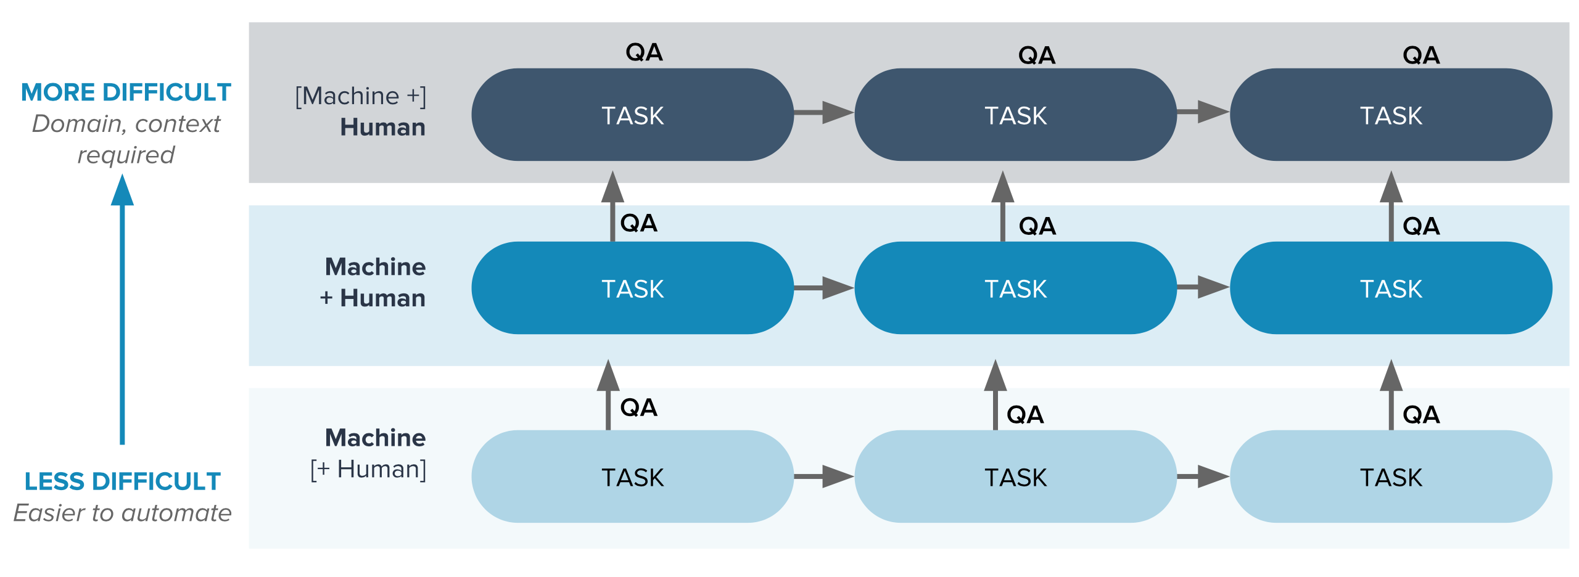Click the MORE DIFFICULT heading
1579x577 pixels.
click(x=126, y=92)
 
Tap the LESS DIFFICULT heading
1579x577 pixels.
click(x=122, y=481)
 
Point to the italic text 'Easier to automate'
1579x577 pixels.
click(x=122, y=513)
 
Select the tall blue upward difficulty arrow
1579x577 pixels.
click(x=122, y=308)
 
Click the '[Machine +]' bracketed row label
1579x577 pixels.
click(x=360, y=96)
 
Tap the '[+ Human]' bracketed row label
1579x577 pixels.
click(x=368, y=470)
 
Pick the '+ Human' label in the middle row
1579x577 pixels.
click(x=373, y=298)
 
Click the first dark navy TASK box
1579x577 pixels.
click(x=632, y=115)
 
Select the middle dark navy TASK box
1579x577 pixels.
click(x=1015, y=115)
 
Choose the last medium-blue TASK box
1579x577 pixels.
click(x=1391, y=288)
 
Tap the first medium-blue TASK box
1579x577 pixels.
click(x=632, y=288)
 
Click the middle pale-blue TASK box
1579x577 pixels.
click(x=1015, y=477)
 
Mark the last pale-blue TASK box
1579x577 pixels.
click(x=1391, y=477)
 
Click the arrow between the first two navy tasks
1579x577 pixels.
click(x=824, y=112)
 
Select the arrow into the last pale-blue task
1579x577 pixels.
click(x=1203, y=476)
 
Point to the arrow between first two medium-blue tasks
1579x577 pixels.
click(x=824, y=287)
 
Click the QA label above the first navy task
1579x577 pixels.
click(x=644, y=52)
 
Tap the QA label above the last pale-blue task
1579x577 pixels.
click(x=1421, y=414)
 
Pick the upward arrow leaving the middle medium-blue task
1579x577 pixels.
click(x=1002, y=206)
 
